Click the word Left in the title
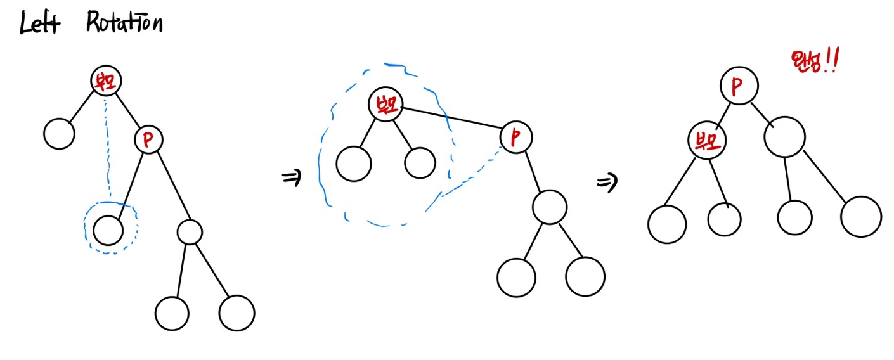40,25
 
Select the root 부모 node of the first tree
105,80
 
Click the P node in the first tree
148,139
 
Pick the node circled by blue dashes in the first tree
108,229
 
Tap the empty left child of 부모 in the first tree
59,134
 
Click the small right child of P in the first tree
190,232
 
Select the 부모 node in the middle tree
385,105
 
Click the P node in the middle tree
516,136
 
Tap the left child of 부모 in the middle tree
354,164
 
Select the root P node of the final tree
737,86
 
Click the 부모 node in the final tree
707,141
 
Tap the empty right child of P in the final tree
784,137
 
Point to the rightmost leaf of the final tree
860,217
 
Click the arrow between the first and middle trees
290,179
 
